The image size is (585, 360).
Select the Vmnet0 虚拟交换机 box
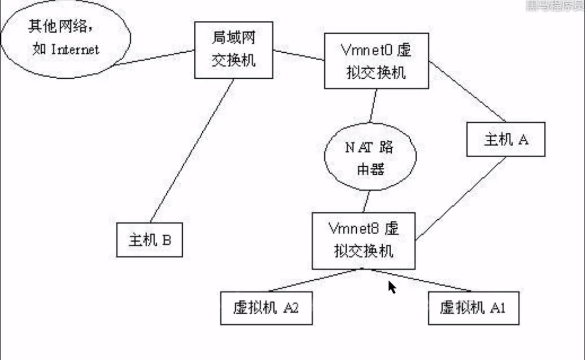pyautogui.click(x=376, y=61)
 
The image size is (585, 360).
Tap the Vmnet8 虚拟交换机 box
pyautogui.click(x=363, y=241)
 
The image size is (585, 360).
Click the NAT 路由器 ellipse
pyautogui.click(x=370, y=158)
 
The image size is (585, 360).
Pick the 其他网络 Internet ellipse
pyautogui.click(x=65, y=39)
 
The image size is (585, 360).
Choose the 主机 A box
pyautogui.click(x=505, y=139)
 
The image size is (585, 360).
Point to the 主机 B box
pyautogui.click(x=149, y=240)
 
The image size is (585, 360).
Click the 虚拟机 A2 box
pyautogui.click(x=266, y=308)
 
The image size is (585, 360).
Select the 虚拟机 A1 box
pyautogui.click(x=473, y=308)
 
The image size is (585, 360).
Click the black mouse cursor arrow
pyautogui.click(x=392, y=287)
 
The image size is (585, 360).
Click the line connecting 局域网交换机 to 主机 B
pyautogui.click(x=192, y=151)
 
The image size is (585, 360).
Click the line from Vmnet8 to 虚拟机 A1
pyautogui.click(x=422, y=280)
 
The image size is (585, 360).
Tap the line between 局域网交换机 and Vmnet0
pyautogui.click(x=298, y=54)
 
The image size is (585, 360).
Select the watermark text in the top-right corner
pyautogui.click(x=554, y=6)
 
